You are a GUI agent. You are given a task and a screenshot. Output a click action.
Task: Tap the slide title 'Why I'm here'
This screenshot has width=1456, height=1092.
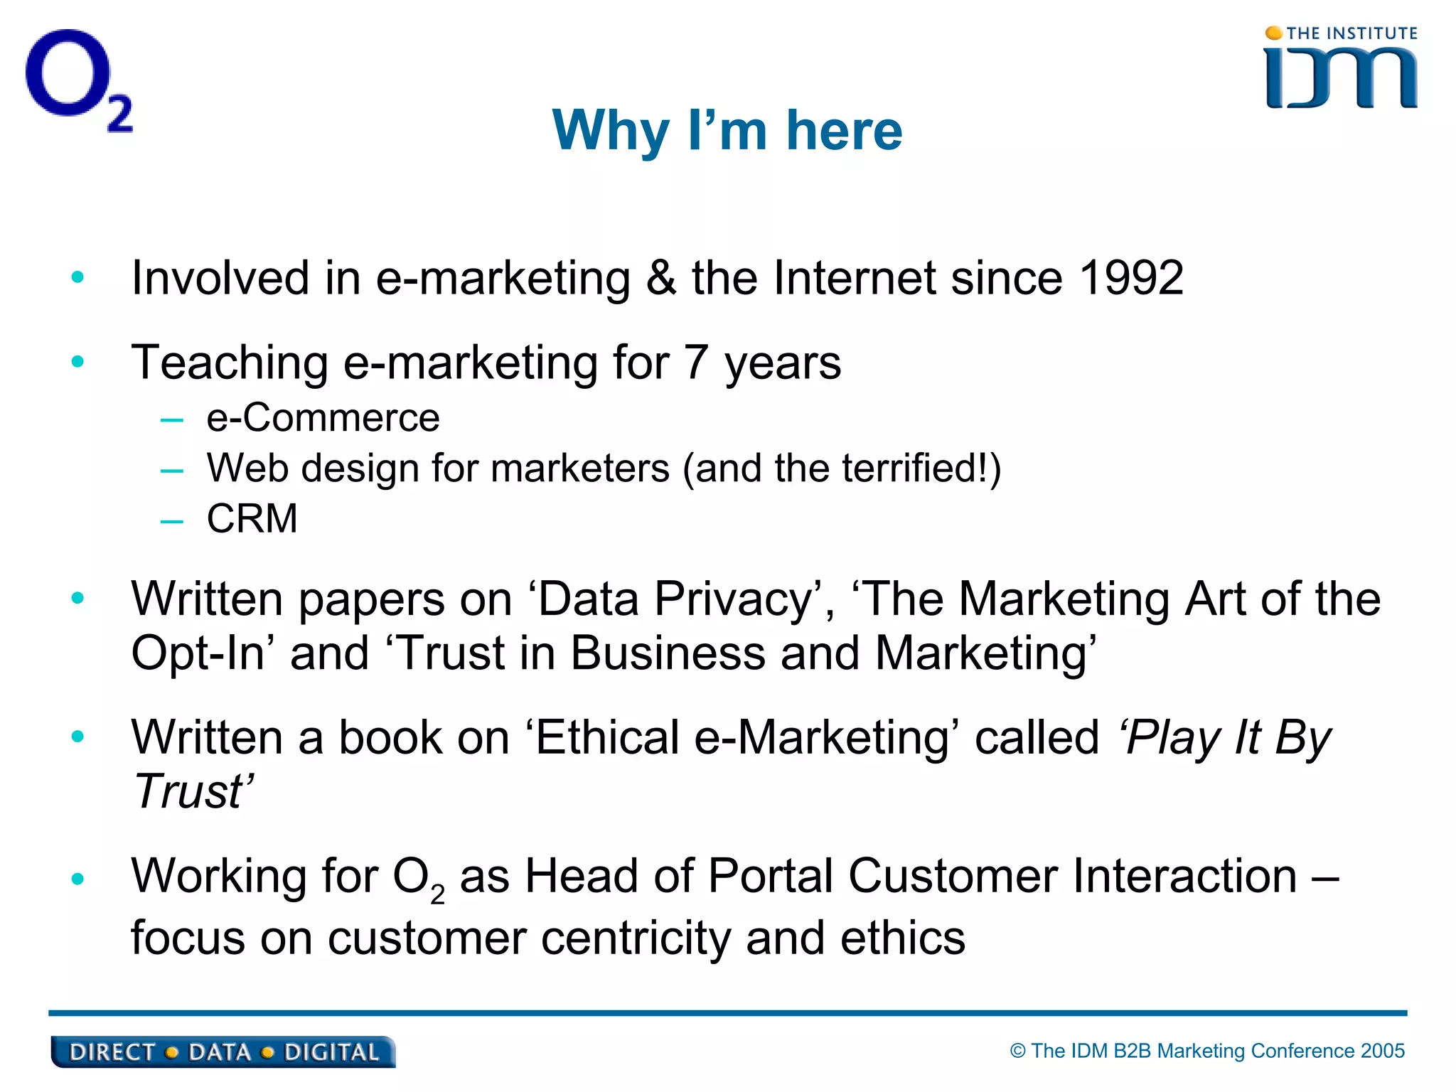pyautogui.click(x=727, y=131)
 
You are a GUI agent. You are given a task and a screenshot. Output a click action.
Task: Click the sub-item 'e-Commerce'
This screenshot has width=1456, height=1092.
pyautogui.click(x=323, y=417)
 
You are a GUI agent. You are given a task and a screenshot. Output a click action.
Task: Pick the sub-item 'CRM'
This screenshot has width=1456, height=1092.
pyautogui.click(x=252, y=518)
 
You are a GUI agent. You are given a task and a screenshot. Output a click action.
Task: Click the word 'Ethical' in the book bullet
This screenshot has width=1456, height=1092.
pyautogui.click(x=607, y=737)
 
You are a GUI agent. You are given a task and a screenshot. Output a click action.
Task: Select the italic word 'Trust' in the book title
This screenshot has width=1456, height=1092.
pyautogui.click(x=189, y=792)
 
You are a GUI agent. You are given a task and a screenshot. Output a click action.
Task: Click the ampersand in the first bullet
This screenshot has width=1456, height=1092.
pyautogui.click(x=660, y=278)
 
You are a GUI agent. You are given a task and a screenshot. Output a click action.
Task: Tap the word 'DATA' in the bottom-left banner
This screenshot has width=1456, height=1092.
pyautogui.click(x=219, y=1052)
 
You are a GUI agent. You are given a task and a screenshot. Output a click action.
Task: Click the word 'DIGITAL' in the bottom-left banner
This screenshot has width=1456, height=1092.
pyautogui.click(x=331, y=1052)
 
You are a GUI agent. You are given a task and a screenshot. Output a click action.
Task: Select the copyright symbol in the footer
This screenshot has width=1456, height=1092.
pyautogui.click(x=1018, y=1051)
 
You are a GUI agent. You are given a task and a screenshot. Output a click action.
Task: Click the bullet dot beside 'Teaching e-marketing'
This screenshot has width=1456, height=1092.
pyautogui.click(x=77, y=362)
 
